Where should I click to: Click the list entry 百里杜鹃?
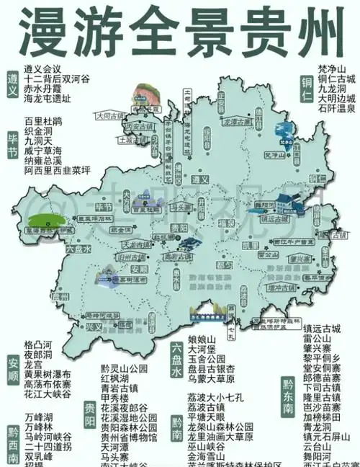pos(43,120)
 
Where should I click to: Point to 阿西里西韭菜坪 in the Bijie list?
pos(57,171)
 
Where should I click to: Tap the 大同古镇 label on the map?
pos(109,115)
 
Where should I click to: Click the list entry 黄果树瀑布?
pos(47,375)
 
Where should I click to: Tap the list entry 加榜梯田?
pos(323,416)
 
